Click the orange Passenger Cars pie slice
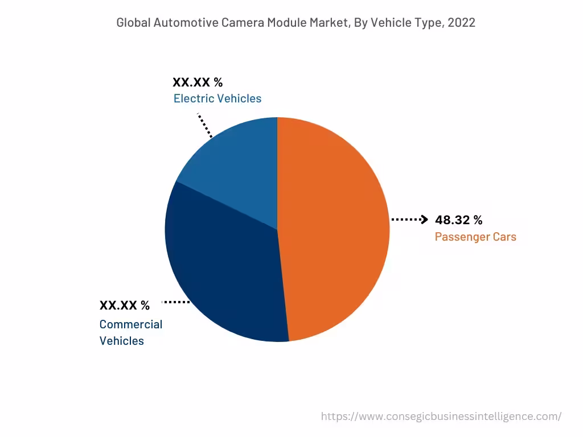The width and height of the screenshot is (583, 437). (x=336, y=228)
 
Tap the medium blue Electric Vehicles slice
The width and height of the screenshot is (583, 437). (x=239, y=165)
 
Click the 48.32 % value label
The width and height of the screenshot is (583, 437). (x=458, y=220)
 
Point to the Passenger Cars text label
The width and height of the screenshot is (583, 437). (x=475, y=237)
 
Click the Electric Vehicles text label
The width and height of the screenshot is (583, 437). (x=217, y=98)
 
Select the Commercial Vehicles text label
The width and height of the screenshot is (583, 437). (x=130, y=332)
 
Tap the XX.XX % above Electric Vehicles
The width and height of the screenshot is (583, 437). (x=198, y=83)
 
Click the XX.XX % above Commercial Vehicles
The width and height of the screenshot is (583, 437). (x=125, y=306)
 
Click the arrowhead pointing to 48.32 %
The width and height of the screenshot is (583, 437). (x=424, y=220)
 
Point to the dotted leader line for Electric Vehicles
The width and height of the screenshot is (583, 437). (x=205, y=125)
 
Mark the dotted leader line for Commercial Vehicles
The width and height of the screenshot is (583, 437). (x=176, y=302)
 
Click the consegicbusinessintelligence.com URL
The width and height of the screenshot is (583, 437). (x=441, y=417)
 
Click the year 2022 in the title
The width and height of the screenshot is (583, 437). (x=462, y=23)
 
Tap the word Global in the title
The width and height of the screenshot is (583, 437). (x=133, y=23)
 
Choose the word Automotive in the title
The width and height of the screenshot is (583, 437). (x=182, y=23)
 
